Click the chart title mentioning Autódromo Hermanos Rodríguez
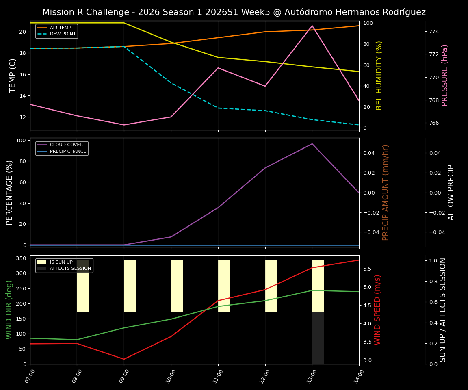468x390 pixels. click(x=234, y=12)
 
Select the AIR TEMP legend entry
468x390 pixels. click(x=60, y=28)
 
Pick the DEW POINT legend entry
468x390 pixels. click(x=63, y=34)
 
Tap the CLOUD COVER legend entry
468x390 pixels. click(x=66, y=145)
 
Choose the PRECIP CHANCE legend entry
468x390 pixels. click(x=68, y=152)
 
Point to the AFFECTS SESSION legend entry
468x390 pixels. click(x=70, y=269)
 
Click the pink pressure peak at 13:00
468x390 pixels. click(x=312, y=26)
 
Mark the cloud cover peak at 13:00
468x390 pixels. click(x=312, y=144)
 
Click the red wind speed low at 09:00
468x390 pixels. click(x=124, y=359)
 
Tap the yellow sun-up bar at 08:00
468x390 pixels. click(x=82, y=286)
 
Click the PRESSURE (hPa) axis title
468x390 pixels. click(x=445, y=75)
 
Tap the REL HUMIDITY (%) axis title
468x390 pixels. click(x=379, y=75)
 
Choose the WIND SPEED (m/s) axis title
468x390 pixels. click(x=378, y=310)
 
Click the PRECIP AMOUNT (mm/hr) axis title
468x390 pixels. click(x=386, y=192)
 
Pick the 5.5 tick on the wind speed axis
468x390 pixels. click(x=367, y=269)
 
